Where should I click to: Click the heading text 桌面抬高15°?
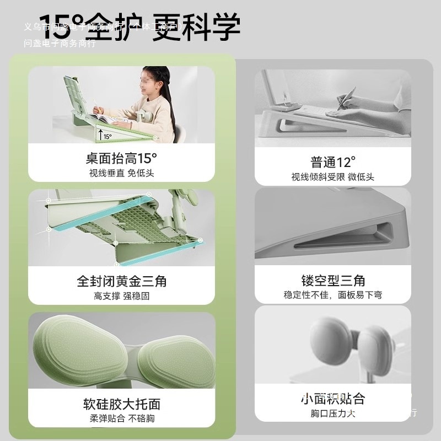coord(121,159)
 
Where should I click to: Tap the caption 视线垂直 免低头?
coord(121,173)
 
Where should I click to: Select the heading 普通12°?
coord(333,162)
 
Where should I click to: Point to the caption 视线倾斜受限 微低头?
coord(333,177)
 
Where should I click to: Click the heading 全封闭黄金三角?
coord(121,281)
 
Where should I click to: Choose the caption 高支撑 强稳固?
coord(121,296)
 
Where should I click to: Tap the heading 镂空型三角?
coord(333,280)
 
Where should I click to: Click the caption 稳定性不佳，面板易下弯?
coord(333,295)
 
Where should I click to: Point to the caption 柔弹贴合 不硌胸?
coord(121,418)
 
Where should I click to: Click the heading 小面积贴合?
coord(333,399)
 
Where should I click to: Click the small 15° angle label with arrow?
coord(105,135)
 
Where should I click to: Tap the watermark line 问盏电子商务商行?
coord(60,44)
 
